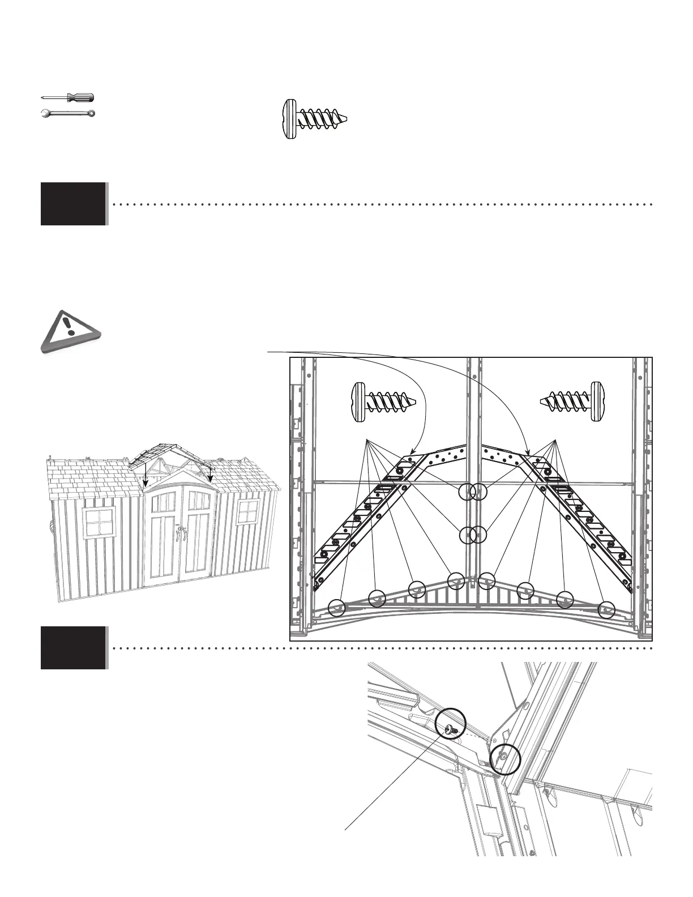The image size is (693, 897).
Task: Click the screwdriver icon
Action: [68, 97]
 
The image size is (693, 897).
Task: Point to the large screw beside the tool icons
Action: [314, 119]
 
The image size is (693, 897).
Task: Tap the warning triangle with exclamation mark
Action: [69, 332]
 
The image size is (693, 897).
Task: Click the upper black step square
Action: [73, 204]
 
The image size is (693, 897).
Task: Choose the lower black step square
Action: [73, 648]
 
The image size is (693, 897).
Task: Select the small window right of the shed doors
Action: [248, 512]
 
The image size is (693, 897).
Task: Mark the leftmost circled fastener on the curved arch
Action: [337, 608]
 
